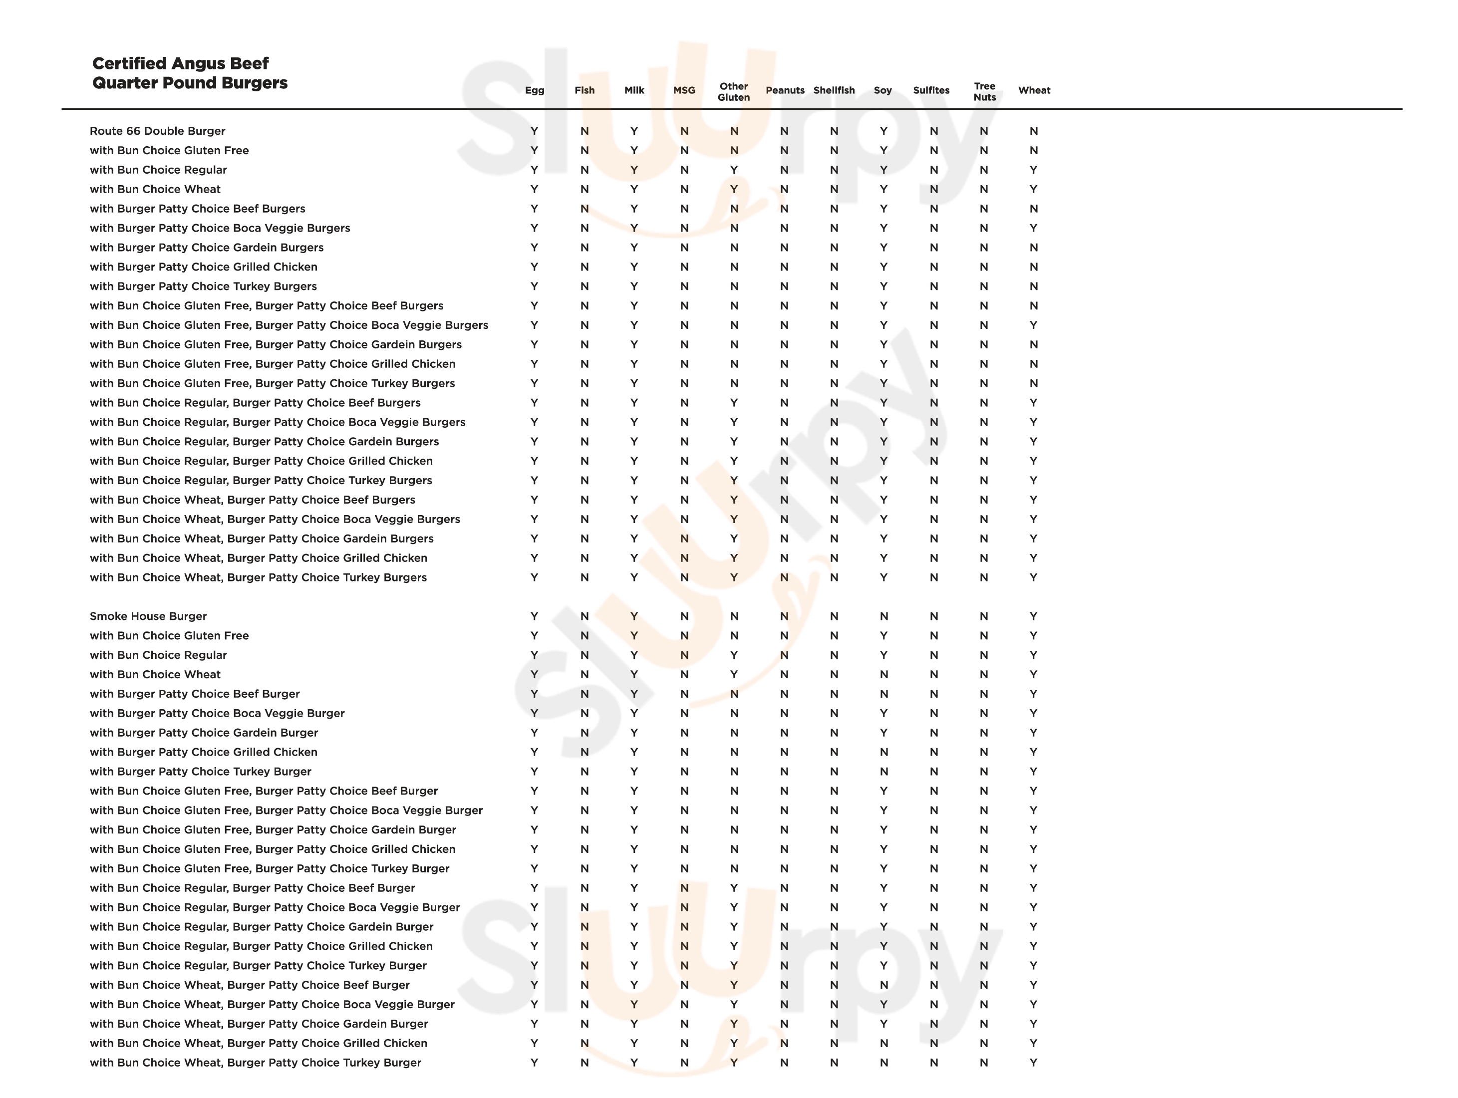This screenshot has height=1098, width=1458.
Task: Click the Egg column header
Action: tap(535, 90)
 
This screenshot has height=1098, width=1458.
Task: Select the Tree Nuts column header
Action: tap(984, 92)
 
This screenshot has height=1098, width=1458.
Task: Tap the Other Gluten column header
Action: tap(734, 92)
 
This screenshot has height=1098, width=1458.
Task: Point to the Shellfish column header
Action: tap(834, 90)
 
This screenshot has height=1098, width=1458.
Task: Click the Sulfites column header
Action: tap(931, 90)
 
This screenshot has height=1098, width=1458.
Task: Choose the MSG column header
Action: tap(684, 90)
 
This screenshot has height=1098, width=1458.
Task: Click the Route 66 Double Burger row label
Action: tap(158, 131)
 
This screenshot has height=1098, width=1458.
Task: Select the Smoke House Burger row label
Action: tap(148, 616)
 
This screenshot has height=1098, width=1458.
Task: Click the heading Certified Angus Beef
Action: tap(180, 63)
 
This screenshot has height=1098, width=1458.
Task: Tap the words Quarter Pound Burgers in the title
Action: tap(190, 83)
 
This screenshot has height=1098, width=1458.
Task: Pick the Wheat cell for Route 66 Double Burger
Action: tap(1034, 131)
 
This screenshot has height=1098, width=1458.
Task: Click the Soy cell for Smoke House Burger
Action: tap(884, 616)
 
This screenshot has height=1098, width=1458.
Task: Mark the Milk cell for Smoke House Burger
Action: tap(634, 616)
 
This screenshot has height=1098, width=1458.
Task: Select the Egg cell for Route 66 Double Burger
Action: tap(535, 131)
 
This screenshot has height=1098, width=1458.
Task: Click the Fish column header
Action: tap(584, 90)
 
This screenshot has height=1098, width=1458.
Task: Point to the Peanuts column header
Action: tap(784, 90)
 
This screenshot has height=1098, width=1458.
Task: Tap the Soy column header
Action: tap(882, 90)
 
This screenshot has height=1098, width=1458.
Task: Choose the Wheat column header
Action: tap(1034, 90)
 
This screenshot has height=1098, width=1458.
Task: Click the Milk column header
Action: tap(634, 90)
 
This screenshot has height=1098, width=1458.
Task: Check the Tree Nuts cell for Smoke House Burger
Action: tap(983, 616)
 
